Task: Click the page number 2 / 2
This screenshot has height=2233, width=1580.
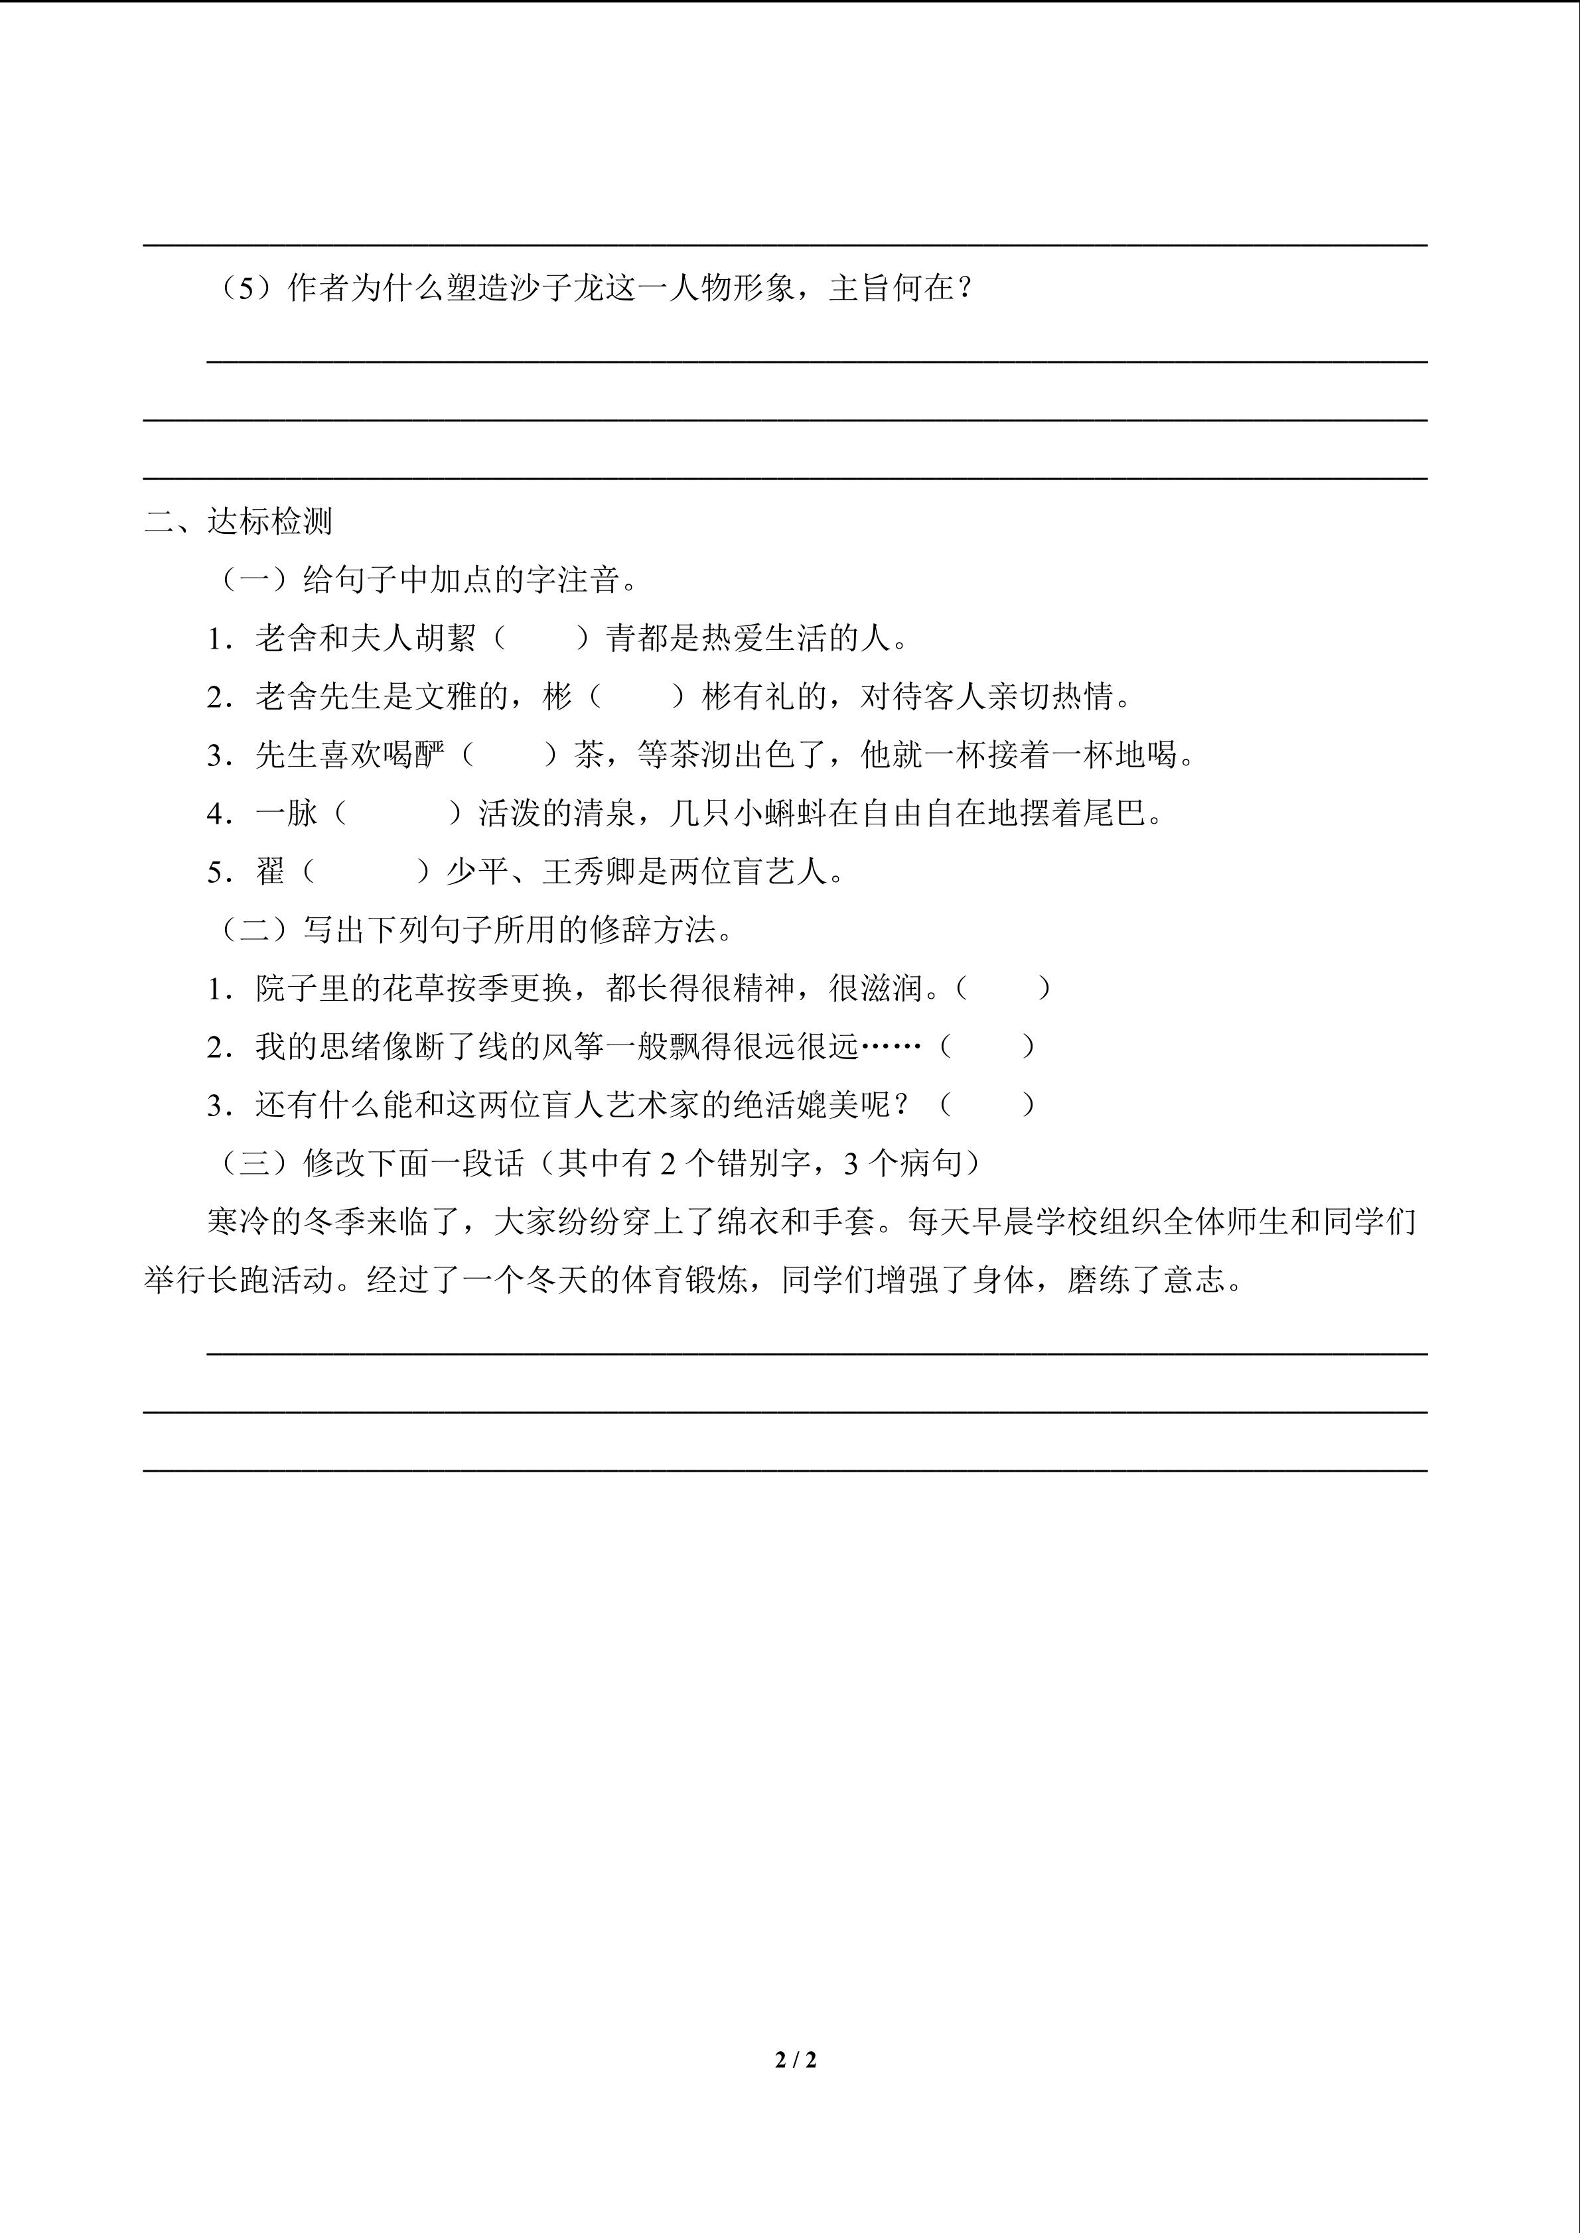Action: tap(795, 2059)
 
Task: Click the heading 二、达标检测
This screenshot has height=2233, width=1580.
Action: tap(238, 522)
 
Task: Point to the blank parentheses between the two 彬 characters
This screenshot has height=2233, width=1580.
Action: tap(637, 697)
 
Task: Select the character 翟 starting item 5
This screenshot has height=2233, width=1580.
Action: tap(271, 871)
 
